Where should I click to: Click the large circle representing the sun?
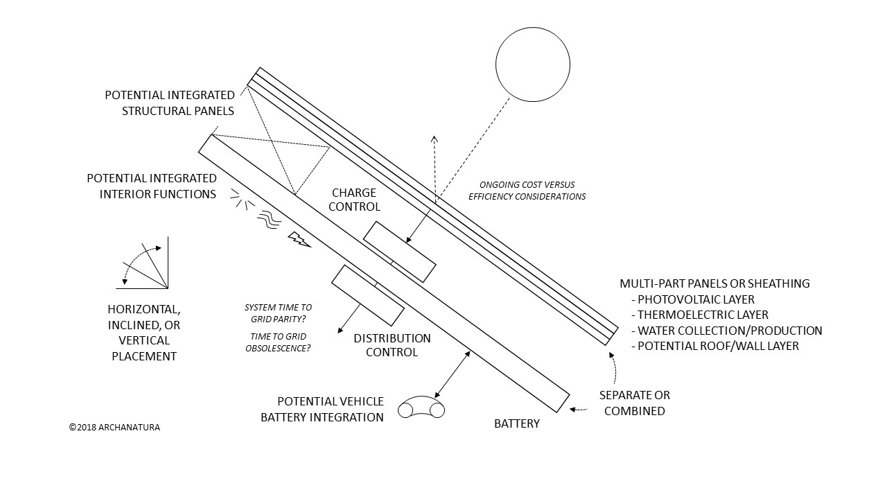pos(532,64)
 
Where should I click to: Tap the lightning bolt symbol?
pos(299,239)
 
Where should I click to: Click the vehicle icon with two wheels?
pos(421,407)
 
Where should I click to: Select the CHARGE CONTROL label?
pos(353,200)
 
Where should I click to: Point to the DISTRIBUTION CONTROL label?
pos(392,345)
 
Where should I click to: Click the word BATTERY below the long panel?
pos(516,423)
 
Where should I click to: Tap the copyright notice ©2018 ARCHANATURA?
pos(114,428)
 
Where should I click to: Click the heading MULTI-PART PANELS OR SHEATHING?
pos(714,283)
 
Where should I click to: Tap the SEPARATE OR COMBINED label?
pos(634,403)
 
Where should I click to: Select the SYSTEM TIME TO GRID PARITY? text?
pos(278,313)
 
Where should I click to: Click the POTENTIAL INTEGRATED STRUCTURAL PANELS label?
pos(169,103)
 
